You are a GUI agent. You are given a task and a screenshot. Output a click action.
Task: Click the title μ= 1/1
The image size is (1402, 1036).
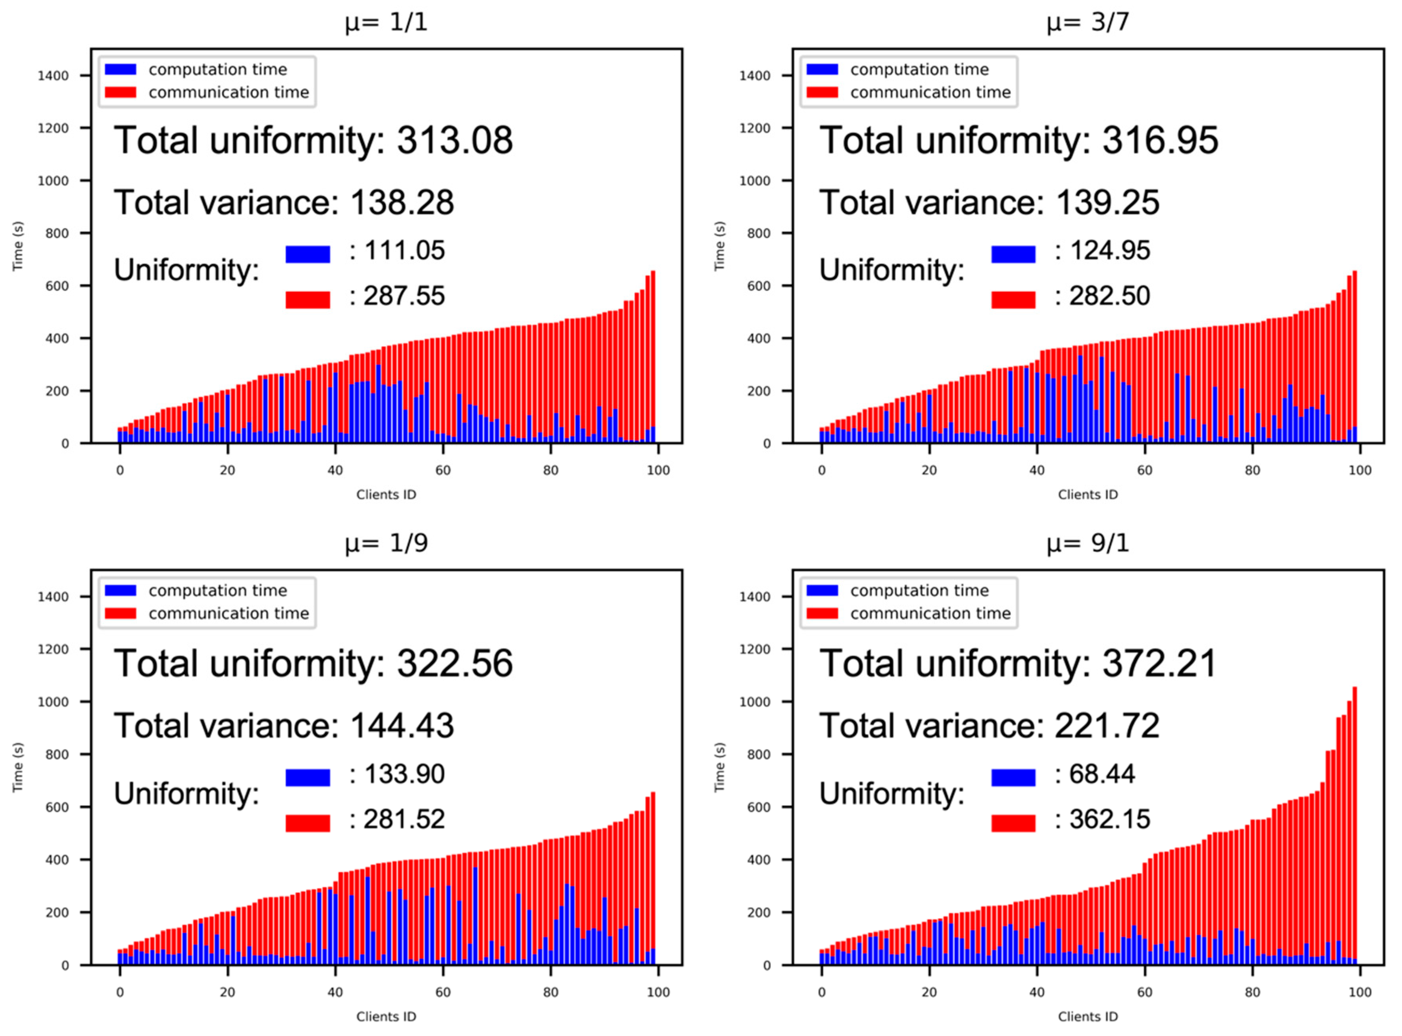(x=386, y=22)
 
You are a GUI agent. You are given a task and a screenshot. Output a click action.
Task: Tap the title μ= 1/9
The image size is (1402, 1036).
(x=386, y=543)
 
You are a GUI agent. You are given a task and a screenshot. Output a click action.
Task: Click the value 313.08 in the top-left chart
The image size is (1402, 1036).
(x=454, y=140)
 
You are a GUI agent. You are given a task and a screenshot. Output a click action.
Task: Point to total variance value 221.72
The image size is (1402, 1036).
(x=1107, y=726)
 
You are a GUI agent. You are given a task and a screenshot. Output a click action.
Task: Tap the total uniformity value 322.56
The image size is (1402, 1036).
(x=454, y=663)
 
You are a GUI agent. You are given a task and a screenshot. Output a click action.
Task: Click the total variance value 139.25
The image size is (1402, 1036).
(x=1107, y=203)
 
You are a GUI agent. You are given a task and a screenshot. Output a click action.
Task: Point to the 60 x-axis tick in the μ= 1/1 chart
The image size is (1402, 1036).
(x=443, y=470)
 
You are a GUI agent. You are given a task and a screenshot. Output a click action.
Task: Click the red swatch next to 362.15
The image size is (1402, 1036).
(x=1013, y=823)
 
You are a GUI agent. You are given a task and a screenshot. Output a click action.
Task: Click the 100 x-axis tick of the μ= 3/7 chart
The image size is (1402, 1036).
(x=1360, y=470)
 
